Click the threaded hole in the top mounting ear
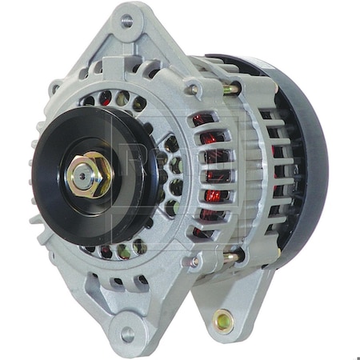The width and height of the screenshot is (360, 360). coord(126,22)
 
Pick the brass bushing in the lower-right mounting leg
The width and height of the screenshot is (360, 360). coord(222,322)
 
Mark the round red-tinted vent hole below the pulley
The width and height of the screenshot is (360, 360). coord(106,253)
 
